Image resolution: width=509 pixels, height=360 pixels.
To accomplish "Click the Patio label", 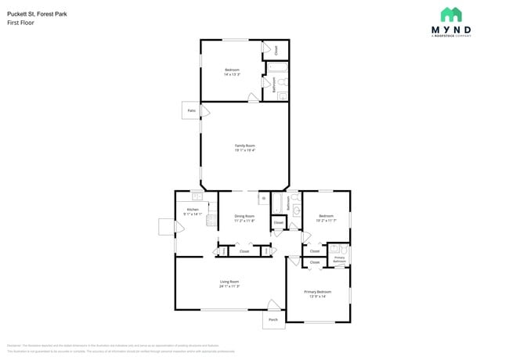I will pos(191,111).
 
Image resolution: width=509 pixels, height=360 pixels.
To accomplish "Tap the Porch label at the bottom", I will pos(273,319).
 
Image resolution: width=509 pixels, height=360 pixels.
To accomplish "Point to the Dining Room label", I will pos(245,218).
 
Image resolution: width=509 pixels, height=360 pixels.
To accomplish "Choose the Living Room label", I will pos(229,283).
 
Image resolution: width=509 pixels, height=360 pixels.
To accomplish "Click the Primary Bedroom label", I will pos(318,293).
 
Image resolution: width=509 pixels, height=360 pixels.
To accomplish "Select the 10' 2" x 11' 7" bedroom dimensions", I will pos(326,221).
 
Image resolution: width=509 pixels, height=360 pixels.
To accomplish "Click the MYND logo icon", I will pos(451,15).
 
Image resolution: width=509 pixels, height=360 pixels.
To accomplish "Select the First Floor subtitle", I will pos(20,23).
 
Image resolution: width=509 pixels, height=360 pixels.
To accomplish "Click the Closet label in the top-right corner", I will pos(275,50).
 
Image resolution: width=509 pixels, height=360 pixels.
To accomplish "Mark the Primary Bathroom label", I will pos(339,260).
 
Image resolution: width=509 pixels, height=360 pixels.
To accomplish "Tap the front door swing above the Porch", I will pos(274,305).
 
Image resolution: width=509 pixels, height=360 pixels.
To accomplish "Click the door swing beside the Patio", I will pos(205,113).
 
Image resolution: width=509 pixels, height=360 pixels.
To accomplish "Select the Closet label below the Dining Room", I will pos(244,251).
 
